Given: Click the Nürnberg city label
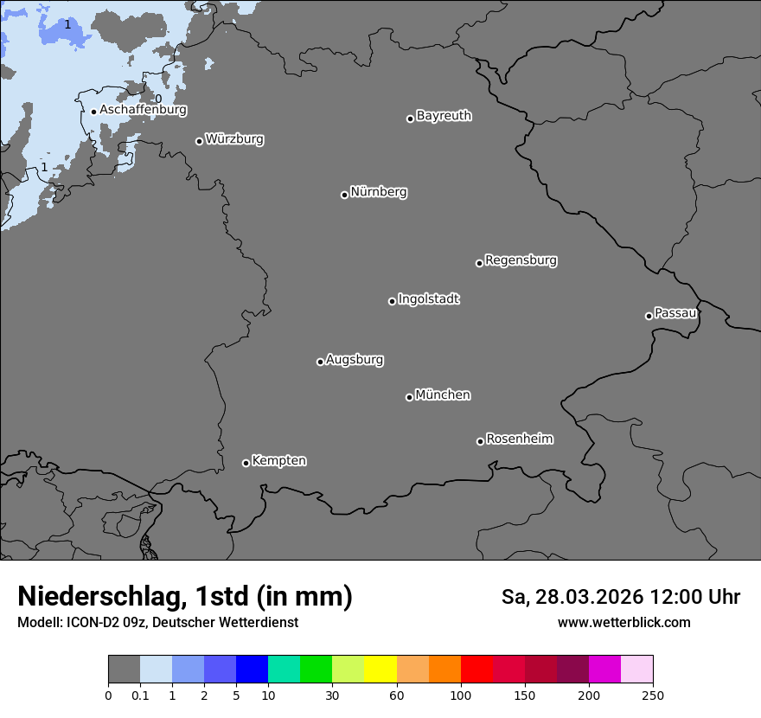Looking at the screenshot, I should pyautogui.click(x=378, y=192).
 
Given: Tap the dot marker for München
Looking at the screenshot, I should pyautogui.click(x=409, y=397).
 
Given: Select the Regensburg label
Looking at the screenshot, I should pyautogui.click(x=521, y=260).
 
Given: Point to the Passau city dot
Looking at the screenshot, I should pyautogui.click(x=649, y=316).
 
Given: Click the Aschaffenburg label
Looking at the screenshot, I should pyautogui.click(x=143, y=110).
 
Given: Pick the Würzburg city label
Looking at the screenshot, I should pyautogui.click(x=234, y=138).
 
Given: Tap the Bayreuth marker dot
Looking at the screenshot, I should pyautogui.click(x=410, y=119).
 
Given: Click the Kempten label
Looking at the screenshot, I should pyautogui.click(x=278, y=460).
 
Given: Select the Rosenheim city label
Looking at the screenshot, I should pyautogui.click(x=519, y=439).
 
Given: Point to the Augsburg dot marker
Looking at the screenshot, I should pyautogui.click(x=320, y=362).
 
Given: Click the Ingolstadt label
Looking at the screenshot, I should pyautogui.click(x=428, y=299).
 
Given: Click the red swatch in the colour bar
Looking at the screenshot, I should pyautogui.click(x=476, y=670).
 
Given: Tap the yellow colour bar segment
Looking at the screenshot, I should pyautogui.click(x=380, y=670).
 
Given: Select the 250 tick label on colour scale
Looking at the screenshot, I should pyautogui.click(x=652, y=695).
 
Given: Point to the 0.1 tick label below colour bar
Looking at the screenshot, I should pyautogui.click(x=140, y=695).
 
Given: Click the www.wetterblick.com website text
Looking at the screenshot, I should pyautogui.click(x=624, y=622).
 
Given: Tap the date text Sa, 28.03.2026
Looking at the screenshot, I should pyautogui.click(x=571, y=597).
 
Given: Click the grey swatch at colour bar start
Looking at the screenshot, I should pyautogui.click(x=124, y=670).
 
